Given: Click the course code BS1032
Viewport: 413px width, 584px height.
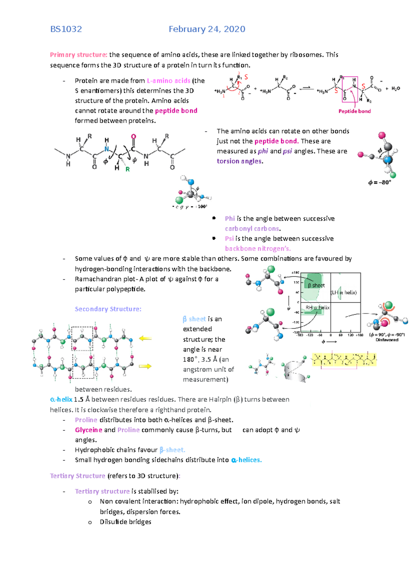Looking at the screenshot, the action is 66,29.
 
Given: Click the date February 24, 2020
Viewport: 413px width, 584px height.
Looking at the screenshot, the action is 207,29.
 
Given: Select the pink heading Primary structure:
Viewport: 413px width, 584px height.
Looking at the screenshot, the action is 78,55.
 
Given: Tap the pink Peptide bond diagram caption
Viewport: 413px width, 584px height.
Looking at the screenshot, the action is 354,111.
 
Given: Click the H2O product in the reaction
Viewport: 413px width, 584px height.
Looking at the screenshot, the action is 396,89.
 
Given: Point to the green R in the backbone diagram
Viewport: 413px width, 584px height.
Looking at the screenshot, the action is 128,169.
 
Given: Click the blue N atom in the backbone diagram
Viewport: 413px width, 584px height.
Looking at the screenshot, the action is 107,149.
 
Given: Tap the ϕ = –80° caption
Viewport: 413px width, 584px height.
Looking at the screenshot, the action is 380,183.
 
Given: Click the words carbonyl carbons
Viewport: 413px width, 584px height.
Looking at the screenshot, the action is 252,228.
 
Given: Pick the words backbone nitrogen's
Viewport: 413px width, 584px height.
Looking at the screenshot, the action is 258,248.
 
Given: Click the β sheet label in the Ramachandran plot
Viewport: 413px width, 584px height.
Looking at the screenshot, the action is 316,285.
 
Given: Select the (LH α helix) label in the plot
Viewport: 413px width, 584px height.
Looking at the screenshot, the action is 344,292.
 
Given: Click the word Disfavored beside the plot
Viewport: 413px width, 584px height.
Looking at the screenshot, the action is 387,340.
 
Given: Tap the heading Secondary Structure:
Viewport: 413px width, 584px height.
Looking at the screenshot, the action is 108,309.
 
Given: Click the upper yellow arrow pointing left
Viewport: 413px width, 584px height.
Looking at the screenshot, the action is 145,338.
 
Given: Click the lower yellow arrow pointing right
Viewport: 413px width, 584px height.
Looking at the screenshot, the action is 145,366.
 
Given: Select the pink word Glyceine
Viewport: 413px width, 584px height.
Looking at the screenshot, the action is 88,430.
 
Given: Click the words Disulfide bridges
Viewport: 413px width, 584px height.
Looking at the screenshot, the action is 126,522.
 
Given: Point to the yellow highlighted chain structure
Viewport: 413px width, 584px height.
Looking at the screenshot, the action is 344,360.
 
